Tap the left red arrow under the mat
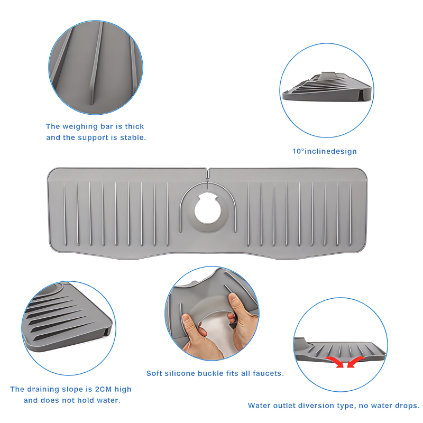pos(336,362)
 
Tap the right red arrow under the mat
pos(355,362)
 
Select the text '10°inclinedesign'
pos(325,151)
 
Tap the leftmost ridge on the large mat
pos(65,214)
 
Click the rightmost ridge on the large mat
pos(351,215)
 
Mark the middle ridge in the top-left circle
pos(96,63)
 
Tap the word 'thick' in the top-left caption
pos(134,126)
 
